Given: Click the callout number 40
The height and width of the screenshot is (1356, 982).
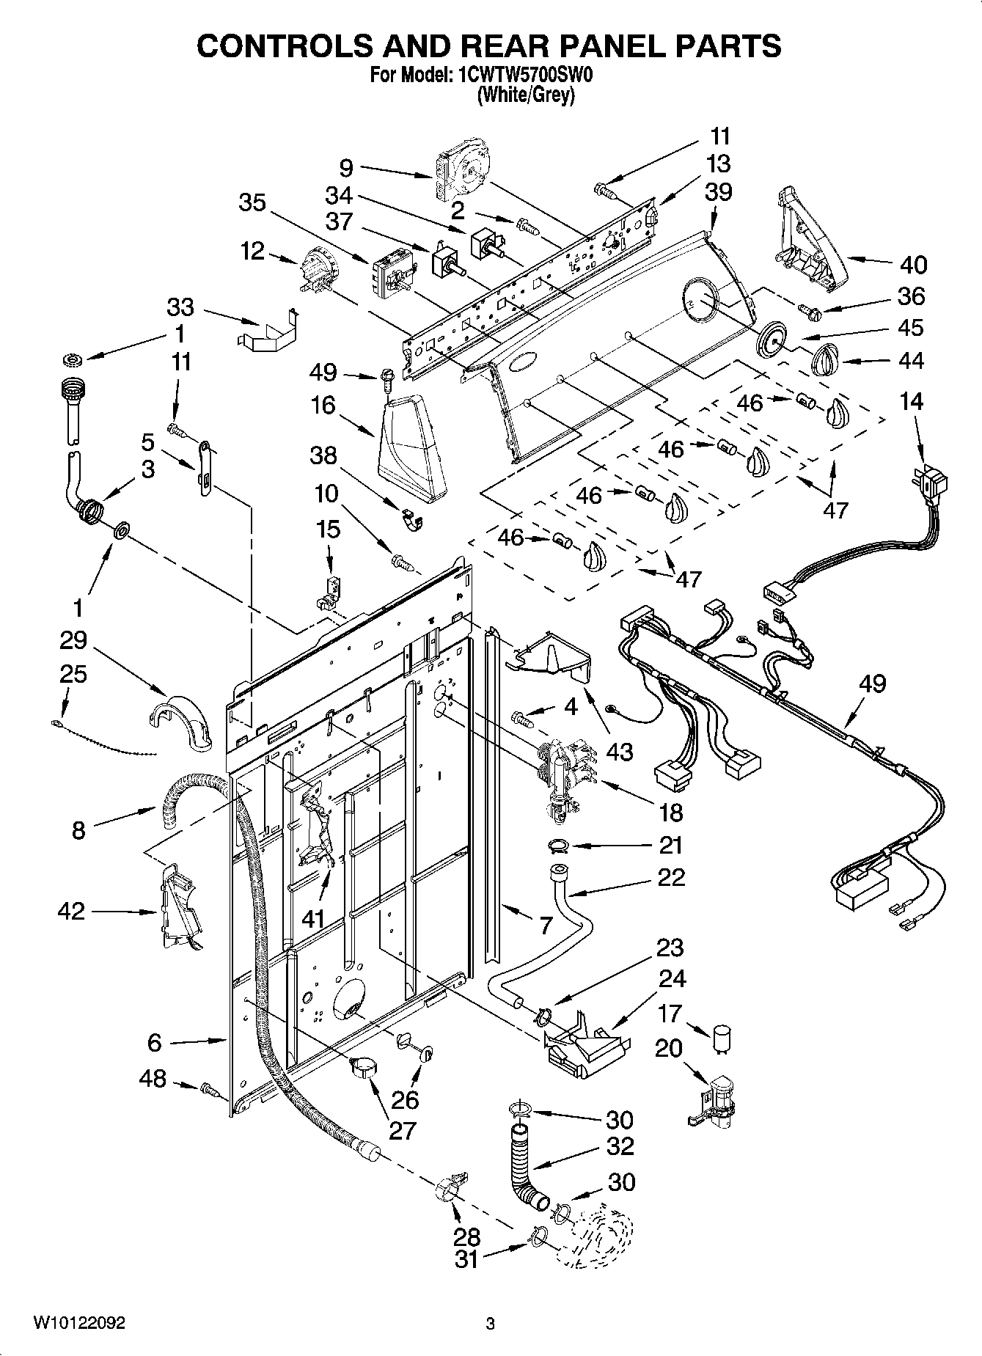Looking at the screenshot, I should [x=912, y=265].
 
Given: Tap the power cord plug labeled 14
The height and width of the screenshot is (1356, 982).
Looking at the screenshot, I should [x=934, y=485].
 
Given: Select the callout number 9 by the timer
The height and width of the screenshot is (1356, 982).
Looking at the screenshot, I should [x=346, y=168].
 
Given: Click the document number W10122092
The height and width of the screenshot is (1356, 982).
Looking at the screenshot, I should [x=79, y=1323].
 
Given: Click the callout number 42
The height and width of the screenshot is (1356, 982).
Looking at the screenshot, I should [x=71, y=911].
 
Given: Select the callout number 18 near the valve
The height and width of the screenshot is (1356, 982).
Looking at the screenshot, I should [x=670, y=812].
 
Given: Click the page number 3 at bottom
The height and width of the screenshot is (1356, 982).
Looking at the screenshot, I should [x=491, y=1323].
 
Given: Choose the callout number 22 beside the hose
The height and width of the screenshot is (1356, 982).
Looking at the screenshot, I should [x=670, y=877].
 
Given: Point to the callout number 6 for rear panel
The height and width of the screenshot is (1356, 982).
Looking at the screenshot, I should [x=154, y=1041].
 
